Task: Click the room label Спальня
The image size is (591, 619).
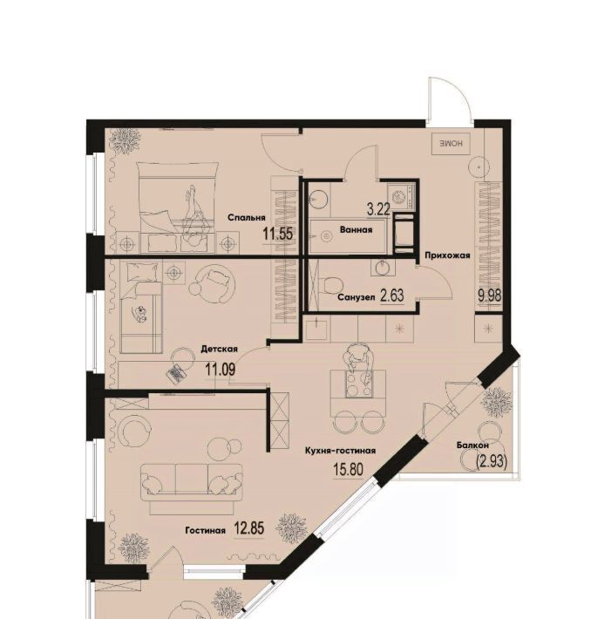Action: click(x=247, y=217)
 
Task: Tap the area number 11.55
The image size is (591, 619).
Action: click(x=278, y=235)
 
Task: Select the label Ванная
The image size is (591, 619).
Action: click(x=356, y=229)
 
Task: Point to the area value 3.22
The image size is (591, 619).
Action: click(x=378, y=209)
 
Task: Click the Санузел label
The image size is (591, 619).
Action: click(x=357, y=297)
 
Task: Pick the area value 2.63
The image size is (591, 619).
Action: click(x=392, y=295)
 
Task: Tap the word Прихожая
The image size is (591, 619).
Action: click(x=447, y=255)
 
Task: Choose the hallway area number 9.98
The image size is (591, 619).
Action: click(x=490, y=296)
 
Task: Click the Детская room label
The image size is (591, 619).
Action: click(x=219, y=349)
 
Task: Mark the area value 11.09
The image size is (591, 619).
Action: click(x=220, y=370)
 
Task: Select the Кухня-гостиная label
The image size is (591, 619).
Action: click(x=340, y=450)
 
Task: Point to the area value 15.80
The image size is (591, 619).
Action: click(x=348, y=470)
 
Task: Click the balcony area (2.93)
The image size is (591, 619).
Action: click(x=492, y=460)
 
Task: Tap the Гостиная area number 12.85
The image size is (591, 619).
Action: click(x=248, y=528)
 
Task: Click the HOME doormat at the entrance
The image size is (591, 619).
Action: click(x=451, y=144)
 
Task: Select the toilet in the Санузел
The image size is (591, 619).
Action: click(x=331, y=284)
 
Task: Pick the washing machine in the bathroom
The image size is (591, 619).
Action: click(x=402, y=196)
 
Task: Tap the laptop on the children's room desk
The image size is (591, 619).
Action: click(x=176, y=372)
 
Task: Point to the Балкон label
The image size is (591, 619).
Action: click(x=472, y=445)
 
